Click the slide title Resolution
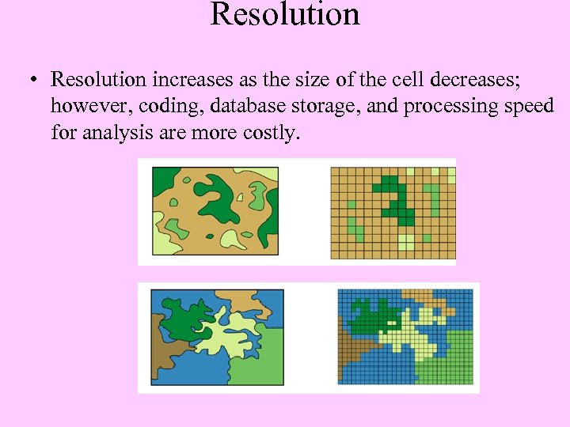pyautogui.click(x=285, y=14)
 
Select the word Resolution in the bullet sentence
pyautogui.click(x=99, y=80)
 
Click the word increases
pyautogui.click(x=188, y=80)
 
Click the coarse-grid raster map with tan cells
pyautogui.click(x=393, y=212)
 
